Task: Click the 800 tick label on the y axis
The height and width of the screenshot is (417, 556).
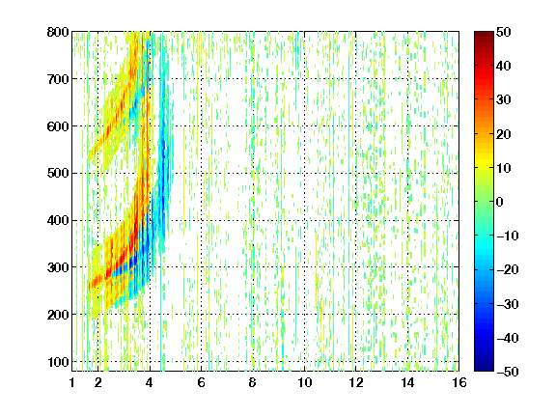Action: [x=58, y=32]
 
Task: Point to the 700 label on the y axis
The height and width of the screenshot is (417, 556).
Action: [x=58, y=79]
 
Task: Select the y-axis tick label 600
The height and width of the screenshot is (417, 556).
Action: [x=58, y=126]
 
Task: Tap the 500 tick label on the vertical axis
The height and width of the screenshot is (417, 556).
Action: [x=58, y=174]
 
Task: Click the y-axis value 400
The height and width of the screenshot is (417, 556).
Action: [x=58, y=221]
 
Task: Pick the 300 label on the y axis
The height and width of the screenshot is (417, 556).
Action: [x=58, y=267]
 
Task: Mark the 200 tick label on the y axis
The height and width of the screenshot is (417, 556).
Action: [x=58, y=315]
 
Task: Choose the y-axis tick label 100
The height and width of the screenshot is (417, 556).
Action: [x=58, y=362]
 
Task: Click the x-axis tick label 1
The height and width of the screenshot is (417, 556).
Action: [x=72, y=382]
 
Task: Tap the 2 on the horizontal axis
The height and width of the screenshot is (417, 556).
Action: [x=97, y=382]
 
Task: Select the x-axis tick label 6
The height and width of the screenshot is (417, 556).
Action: [x=201, y=382]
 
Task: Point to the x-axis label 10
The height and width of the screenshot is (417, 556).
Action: [x=305, y=382]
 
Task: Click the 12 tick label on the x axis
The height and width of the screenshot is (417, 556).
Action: [x=356, y=382]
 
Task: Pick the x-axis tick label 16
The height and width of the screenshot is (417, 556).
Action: [x=459, y=382]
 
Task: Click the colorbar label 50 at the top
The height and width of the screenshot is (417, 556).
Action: [x=503, y=32]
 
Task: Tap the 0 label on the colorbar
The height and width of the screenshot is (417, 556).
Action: [x=499, y=202]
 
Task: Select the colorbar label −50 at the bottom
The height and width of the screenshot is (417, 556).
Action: [x=508, y=372]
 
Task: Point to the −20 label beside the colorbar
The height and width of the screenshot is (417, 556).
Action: [x=508, y=270]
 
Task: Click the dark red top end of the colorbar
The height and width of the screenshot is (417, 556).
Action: [x=484, y=33]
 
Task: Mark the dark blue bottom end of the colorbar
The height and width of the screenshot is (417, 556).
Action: [x=484, y=369]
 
